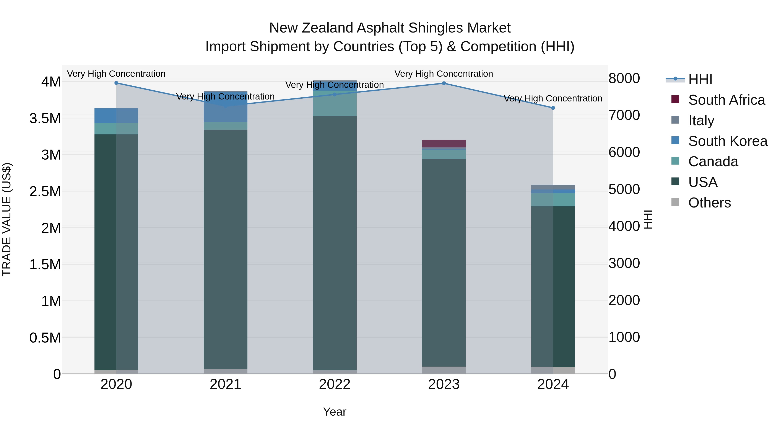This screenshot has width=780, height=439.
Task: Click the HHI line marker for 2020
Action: coord(116,83)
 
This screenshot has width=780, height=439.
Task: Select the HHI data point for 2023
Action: coord(444,83)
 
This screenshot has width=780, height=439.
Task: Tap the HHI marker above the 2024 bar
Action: coord(553,108)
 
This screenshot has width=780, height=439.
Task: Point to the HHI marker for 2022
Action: coord(335,95)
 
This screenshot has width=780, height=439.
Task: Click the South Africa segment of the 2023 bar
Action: coord(444,144)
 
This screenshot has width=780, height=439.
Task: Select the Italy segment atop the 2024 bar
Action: coord(553,187)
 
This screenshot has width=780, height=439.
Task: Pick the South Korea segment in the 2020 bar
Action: coord(116,116)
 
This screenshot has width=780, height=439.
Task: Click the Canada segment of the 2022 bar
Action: coord(335,103)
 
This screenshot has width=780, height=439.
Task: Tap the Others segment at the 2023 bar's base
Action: coord(444,370)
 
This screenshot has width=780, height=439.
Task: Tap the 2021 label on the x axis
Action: coord(226,384)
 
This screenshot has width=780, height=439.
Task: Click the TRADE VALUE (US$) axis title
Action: coord(7,219)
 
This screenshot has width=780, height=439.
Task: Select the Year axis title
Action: coord(335,412)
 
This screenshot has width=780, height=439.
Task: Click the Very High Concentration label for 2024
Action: coord(553,98)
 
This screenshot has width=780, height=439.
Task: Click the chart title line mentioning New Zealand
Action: coord(390,28)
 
